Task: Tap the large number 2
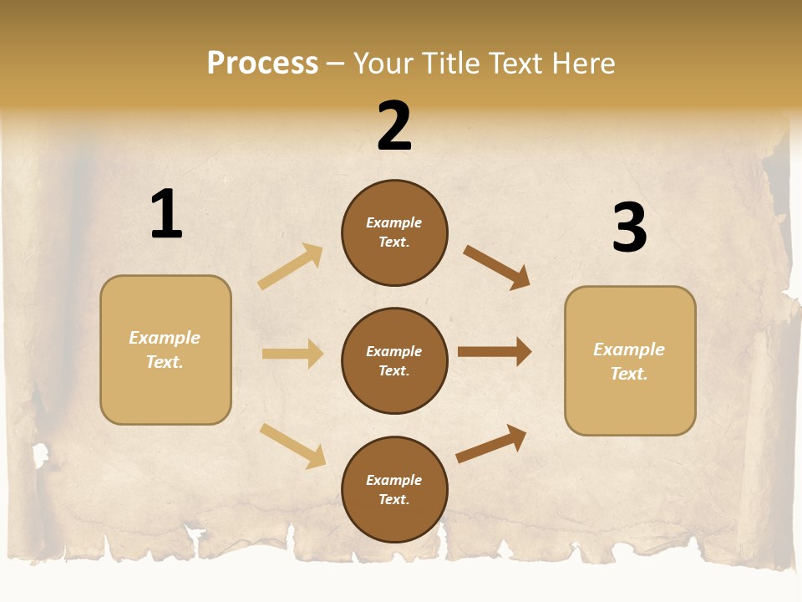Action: tap(394, 125)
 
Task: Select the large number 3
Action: tap(629, 227)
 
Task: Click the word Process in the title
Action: tap(262, 63)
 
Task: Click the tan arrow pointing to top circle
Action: tap(290, 267)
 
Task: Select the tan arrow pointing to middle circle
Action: tap(292, 354)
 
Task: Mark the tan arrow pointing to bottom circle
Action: tap(292, 446)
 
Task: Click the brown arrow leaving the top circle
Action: tap(496, 268)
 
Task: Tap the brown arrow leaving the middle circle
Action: tap(494, 352)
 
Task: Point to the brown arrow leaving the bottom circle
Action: tap(491, 444)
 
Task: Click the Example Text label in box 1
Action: tap(165, 349)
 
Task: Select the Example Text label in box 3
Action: tap(629, 361)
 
